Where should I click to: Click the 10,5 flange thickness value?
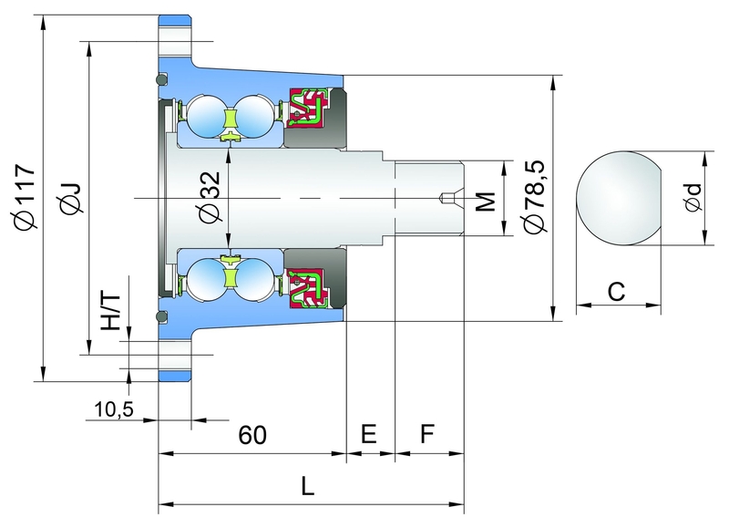tap(114, 409)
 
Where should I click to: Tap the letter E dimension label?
tap(369, 434)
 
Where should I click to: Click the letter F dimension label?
tap(426, 434)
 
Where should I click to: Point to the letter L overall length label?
tap(309, 487)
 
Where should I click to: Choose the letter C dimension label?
tap(615, 292)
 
